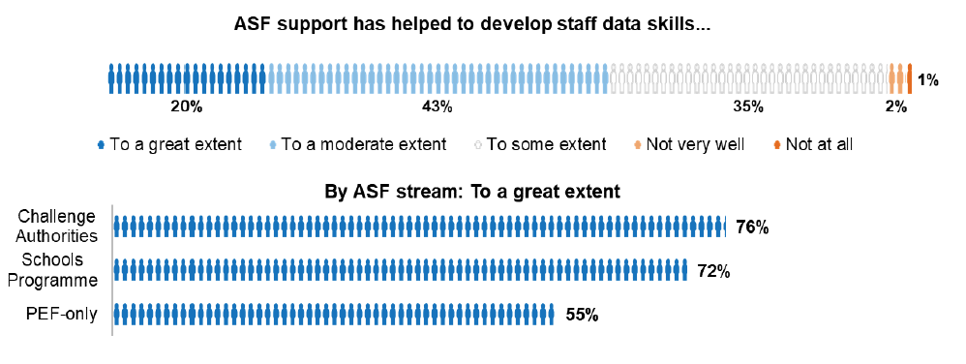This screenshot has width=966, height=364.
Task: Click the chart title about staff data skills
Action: point(472,24)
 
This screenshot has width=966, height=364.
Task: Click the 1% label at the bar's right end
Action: point(928,80)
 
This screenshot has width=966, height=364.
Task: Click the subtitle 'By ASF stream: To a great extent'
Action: point(472,192)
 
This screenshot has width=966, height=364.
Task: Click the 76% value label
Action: point(752,228)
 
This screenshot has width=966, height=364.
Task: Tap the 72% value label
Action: point(712,272)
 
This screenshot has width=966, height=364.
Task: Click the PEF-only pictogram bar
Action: point(334,315)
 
